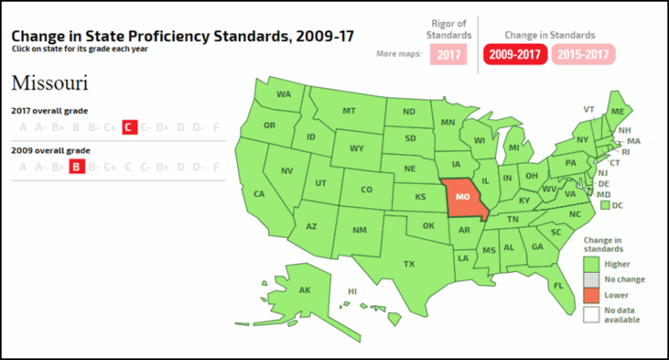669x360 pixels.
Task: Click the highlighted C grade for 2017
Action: pyautogui.click(x=128, y=127)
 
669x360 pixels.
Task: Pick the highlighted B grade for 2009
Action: pyautogui.click(x=76, y=166)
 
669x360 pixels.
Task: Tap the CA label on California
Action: pyautogui.click(x=259, y=194)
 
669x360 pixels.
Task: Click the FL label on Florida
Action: pyautogui.click(x=557, y=284)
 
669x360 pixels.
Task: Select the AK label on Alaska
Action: pyautogui.click(x=305, y=290)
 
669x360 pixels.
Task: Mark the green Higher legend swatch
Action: pyautogui.click(x=591, y=263)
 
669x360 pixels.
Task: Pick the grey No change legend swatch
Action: pyautogui.click(x=591, y=279)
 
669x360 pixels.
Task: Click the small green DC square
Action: pyautogui.click(x=604, y=206)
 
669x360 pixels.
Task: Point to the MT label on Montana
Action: pyautogui.click(x=349, y=112)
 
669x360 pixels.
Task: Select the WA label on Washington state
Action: pyautogui.click(x=284, y=94)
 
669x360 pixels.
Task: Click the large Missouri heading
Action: pyautogui.click(x=49, y=84)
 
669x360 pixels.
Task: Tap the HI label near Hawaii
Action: pyautogui.click(x=353, y=290)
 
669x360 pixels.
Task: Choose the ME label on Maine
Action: pyautogui.click(x=618, y=112)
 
